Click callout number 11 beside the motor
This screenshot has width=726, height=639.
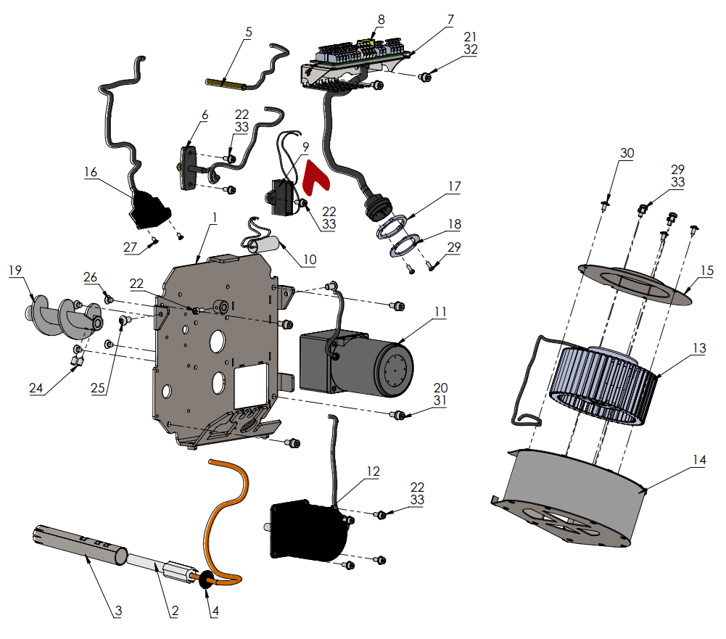440,312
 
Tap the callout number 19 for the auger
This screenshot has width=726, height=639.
15,270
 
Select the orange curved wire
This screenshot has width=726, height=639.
225,519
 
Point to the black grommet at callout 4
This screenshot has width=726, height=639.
205,580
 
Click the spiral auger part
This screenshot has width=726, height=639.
64,316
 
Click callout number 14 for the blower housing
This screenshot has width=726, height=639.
699,460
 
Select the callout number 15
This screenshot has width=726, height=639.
707,271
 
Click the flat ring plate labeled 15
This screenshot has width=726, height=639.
635,284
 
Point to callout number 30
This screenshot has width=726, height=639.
627,153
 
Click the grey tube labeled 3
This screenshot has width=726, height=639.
81,545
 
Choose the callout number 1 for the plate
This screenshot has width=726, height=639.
215,217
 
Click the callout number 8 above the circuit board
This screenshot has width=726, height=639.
381,20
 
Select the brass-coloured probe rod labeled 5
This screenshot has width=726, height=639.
225,84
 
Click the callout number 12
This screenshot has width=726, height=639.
373,471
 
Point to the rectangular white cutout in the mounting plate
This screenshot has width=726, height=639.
252,386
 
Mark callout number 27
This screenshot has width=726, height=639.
130,247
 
